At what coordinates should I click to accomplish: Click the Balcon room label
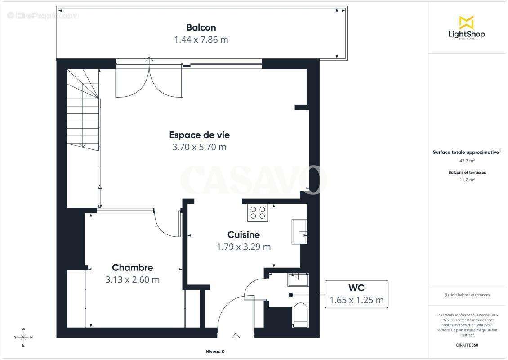pos(201,27)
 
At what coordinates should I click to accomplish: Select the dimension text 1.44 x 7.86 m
pos(201,40)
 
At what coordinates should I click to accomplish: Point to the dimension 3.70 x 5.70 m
pos(199,147)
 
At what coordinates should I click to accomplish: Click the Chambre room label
pos(132,267)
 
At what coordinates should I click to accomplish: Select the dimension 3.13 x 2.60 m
pos(132,279)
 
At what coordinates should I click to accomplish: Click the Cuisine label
pos(243,234)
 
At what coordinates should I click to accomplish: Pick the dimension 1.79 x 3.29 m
pos(243,247)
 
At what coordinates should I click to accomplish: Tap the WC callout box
pos(356,294)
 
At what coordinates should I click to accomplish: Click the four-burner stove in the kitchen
pos(258,212)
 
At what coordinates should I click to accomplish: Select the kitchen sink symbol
pos(299,231)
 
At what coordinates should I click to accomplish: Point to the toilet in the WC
pos(300,314)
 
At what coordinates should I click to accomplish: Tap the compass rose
pos(23,337)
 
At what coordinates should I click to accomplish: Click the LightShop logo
pos(466,27)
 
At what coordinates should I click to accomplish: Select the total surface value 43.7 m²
pos(467,161)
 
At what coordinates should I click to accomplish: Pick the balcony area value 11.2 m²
pos(467,179)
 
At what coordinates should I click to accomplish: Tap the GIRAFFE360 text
pos(467,345)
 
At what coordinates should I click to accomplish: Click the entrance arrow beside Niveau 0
pos(236,337)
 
